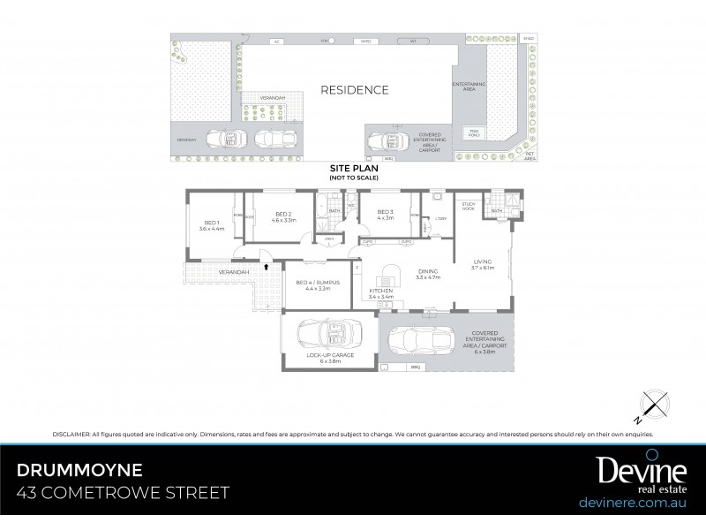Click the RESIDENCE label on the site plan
point(353,90)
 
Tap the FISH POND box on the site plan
point(474,133)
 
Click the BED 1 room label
point(211,223)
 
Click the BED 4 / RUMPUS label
point(318,284)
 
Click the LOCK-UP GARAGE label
point(330,354)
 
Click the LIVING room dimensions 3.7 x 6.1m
point(483,267)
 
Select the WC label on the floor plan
point(350,206)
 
